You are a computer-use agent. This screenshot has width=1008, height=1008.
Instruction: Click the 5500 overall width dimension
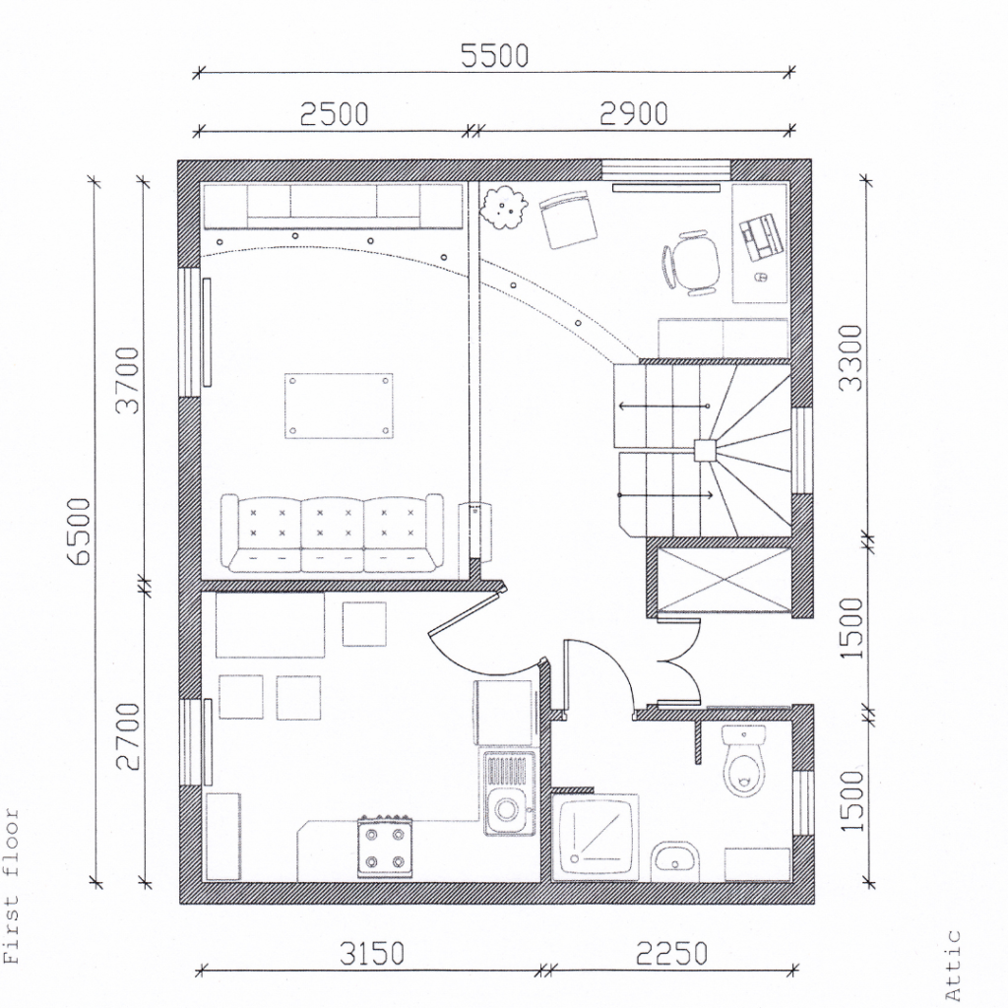[494, 56]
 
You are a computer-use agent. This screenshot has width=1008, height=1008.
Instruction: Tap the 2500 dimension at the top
[335, 114]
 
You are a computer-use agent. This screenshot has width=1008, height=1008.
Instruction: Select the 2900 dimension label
[634, 114]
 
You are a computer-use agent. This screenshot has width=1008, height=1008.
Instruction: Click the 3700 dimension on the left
[127, 379]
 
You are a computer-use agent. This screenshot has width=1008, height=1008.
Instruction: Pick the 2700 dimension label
[127, 736]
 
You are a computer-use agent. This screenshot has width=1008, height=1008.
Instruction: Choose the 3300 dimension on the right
[850, 357]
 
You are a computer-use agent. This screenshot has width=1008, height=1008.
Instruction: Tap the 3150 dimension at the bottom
[371, 954]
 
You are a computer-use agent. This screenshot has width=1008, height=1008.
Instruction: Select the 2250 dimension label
[671, 954]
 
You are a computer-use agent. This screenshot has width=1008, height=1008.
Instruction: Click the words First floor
[12, 886]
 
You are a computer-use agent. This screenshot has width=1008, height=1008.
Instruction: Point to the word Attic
[953, 965]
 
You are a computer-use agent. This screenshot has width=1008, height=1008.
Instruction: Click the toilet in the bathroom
[744, 761]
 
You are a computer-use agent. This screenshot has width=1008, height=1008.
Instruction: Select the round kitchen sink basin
[507, 809]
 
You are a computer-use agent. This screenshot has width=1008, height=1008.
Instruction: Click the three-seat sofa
[332, 533]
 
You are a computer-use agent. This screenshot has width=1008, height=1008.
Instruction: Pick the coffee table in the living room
[339, 406]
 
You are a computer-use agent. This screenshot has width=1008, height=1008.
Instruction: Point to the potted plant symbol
[504, 207]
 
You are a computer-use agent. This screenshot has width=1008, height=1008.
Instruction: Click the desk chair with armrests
[690, 263]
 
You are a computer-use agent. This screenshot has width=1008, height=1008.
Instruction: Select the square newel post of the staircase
[704, 450]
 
